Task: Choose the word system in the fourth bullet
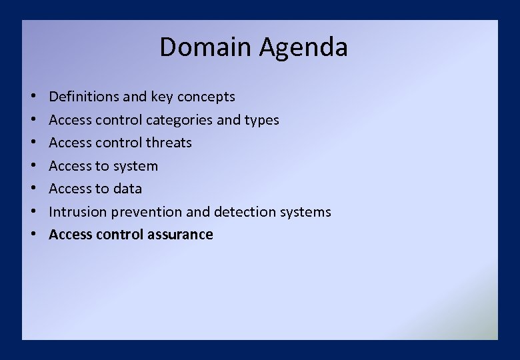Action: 135,166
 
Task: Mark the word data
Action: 127,189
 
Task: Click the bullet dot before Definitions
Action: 33,97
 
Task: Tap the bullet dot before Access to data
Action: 33,189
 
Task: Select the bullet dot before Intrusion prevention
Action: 33,212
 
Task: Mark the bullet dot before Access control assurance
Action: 33,235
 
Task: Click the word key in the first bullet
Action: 161,97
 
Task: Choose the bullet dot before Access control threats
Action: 33,143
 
